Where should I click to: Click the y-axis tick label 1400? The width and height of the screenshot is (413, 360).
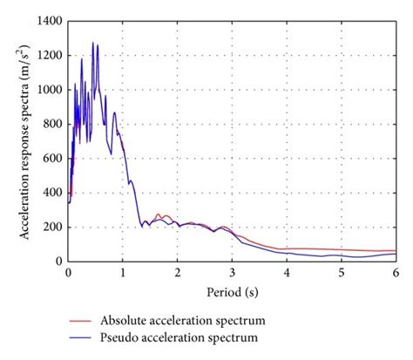click(50, 20)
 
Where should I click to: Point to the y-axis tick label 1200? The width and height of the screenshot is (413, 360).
click(50, 55)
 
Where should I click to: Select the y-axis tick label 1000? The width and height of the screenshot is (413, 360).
click(50, 89)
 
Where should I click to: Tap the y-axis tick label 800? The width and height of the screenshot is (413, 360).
click(52, 124)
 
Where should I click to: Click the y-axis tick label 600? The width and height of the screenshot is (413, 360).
click(52, 158)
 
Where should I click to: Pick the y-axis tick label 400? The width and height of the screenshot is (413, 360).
click(52, 193)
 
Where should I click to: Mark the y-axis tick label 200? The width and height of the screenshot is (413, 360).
click(52, 227)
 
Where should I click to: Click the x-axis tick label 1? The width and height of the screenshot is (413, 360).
click(123, 272)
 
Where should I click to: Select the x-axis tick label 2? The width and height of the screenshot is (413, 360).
click(177, 272)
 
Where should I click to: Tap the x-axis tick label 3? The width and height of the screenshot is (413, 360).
click(232, 272)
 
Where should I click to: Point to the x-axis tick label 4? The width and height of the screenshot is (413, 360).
click(287, 272)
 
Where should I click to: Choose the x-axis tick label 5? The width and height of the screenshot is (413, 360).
click(341, 272)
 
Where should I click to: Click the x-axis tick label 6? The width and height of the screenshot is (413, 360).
click(395, 272)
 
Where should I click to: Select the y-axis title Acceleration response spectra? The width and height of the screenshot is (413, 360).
click(21, 140)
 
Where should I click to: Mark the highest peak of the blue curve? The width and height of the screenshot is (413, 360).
click(93, 42)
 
